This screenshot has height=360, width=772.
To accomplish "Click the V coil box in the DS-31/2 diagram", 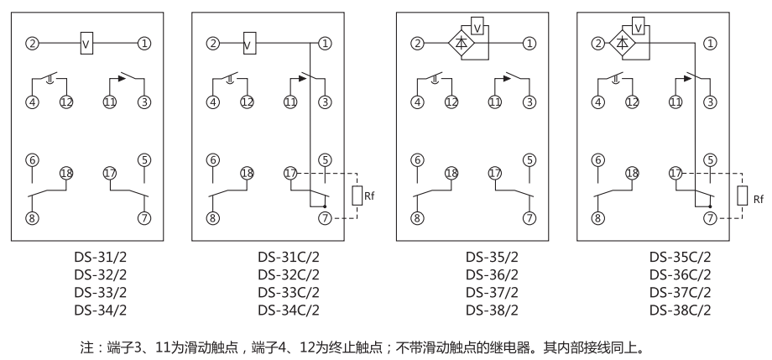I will (x=87, y=43).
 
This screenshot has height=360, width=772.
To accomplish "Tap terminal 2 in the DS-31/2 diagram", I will (x=32, y=43).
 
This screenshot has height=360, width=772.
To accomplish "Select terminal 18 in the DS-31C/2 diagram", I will (x=247, y=173).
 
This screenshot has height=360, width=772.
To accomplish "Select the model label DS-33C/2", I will (x=289, y=292).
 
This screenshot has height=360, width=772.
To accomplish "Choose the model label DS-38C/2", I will (x=680, y=309).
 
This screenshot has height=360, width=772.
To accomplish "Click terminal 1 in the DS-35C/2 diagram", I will (x=710, y=43).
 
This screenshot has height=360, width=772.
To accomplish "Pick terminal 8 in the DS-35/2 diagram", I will (x=417, y=217).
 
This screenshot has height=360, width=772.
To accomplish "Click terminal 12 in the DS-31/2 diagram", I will (x=66, y=102).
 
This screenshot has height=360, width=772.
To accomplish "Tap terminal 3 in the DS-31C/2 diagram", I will (x=325, y=102).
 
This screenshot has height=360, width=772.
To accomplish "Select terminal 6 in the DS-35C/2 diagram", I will (x=597, y=159).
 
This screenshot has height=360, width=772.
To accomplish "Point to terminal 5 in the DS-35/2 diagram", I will (x=529, y=159).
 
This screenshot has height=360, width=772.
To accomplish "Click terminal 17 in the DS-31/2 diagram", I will (x=109, y=173).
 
